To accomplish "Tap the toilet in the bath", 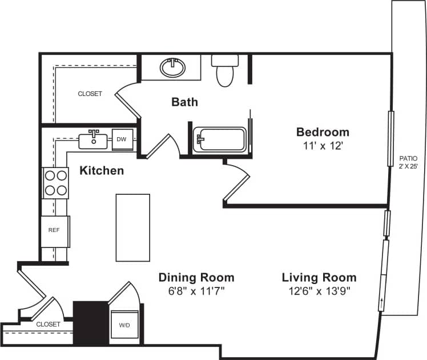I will click(225, 71).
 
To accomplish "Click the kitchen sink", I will click(92, 139).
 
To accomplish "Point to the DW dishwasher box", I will click(122, 139).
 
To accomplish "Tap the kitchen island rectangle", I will click(133, 227).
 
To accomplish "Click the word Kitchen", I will click(101, 170).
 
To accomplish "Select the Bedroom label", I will click(322, 132).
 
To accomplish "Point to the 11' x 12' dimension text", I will click(322, 146).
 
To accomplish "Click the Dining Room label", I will click(196, 278).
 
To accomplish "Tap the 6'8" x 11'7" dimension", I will click(196, 291).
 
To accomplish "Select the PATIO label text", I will click(408, 158).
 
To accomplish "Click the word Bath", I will click(185, 102).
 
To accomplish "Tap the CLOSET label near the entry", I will click(48, 324).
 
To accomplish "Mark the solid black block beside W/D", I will click(90, 323).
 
